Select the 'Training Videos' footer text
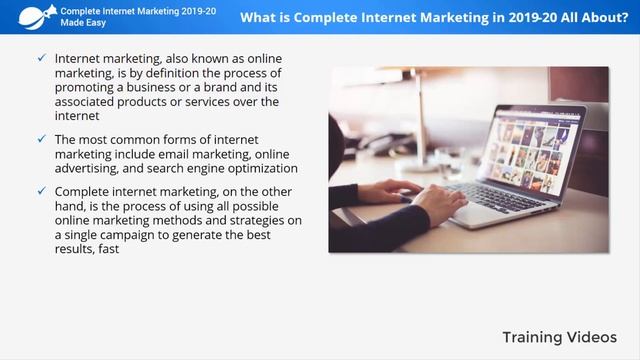click(560, 336)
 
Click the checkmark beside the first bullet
click(41, 60)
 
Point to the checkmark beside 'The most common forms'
click(41, 140)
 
